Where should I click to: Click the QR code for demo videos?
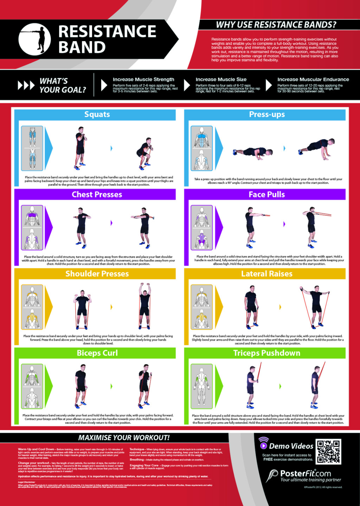(328, 452)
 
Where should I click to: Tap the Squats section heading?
(97, 115)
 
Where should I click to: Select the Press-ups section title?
(267, 115)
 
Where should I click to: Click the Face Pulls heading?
(267, 195)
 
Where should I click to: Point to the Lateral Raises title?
(267, 274)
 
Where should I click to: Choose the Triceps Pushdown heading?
(267, 353)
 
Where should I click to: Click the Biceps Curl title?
(97, 353)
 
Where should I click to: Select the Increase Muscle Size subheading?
(221, 79)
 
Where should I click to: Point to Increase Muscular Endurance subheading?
(313, 79)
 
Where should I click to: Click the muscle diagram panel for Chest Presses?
(32, 228)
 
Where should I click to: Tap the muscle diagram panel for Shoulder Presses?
(32, 307)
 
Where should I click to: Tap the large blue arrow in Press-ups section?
(219, 148)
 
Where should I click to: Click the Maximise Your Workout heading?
(124, 438)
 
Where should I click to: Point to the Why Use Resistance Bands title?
(276, 25)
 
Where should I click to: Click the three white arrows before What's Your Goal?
(26, 85)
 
